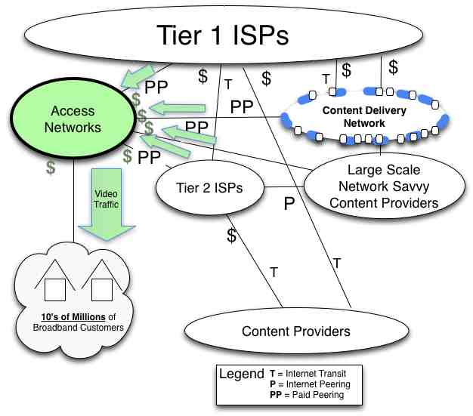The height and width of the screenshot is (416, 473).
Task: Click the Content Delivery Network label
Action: tap(364, 116)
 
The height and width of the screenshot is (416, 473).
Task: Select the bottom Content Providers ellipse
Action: tap(295, 331)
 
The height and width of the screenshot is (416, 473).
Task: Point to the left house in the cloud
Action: tap(56, 280)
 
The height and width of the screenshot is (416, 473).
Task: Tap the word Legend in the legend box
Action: tap(241, 374)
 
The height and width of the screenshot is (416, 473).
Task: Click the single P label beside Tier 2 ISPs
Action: tap(289, 203)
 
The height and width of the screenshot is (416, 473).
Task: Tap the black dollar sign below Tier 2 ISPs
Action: tap(232, 235)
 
